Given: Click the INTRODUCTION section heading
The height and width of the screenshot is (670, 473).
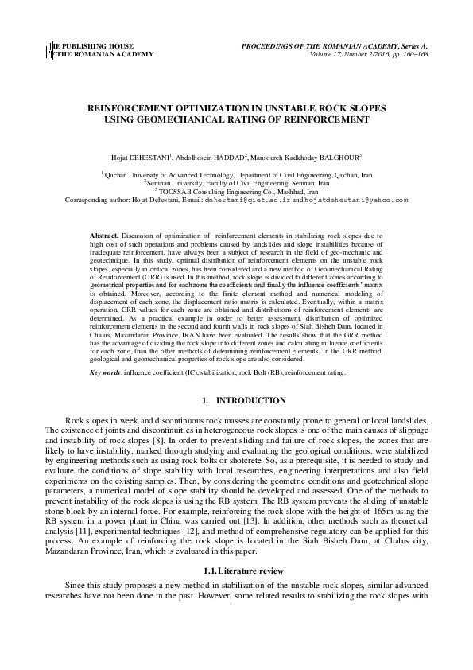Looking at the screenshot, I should (x=246, y=400).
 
